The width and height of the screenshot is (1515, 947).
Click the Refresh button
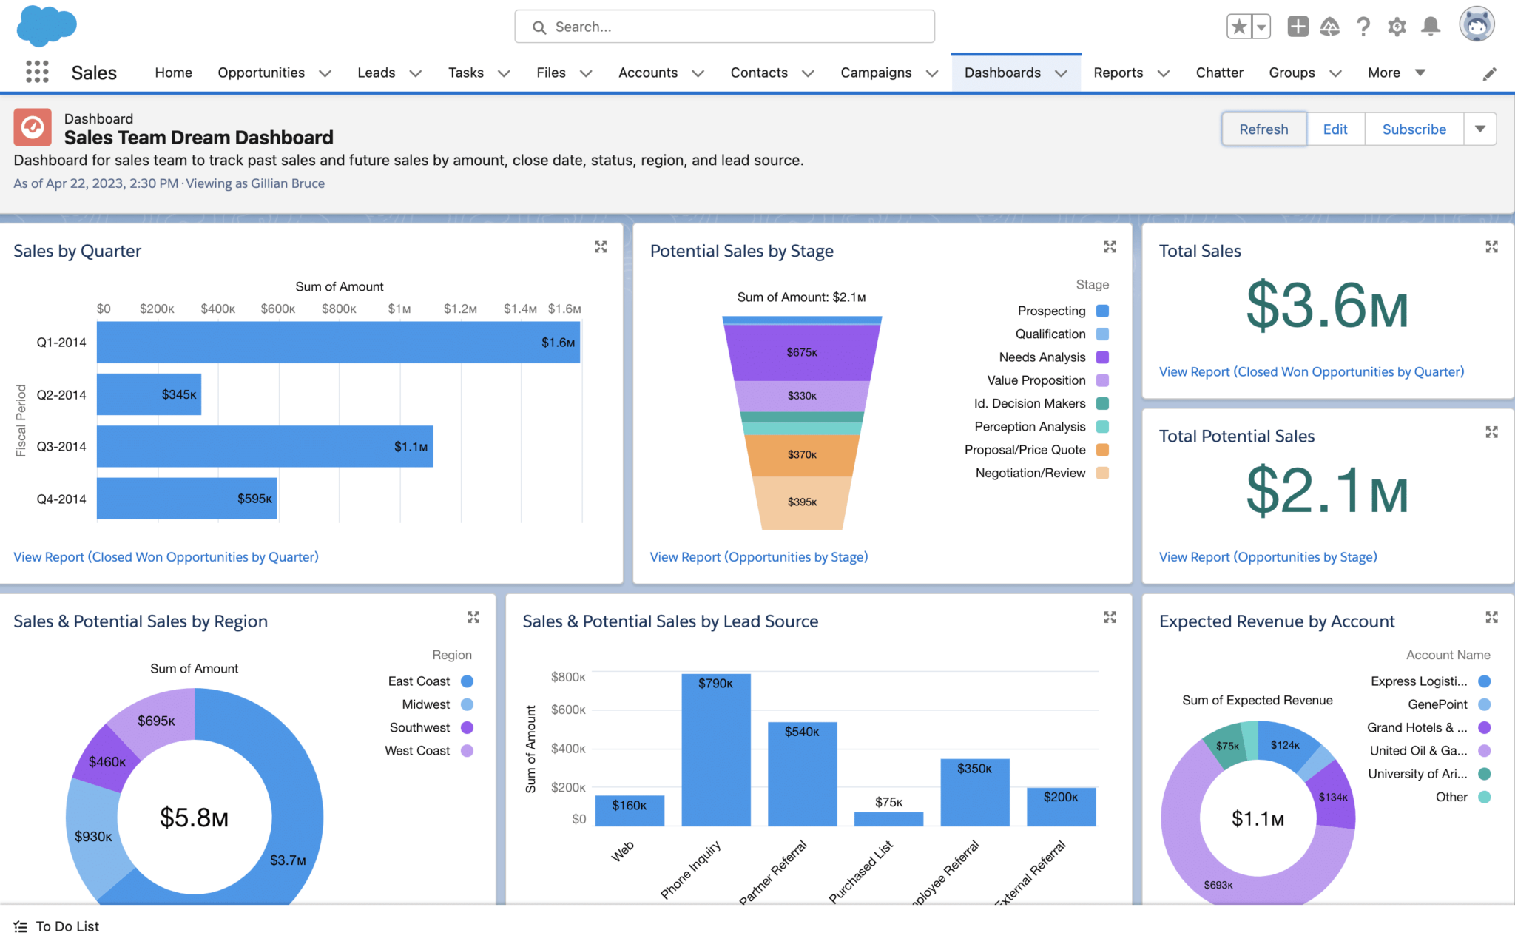(1263, 129)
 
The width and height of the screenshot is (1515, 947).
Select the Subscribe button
(1414, 129)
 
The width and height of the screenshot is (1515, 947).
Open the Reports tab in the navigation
(1118, 73)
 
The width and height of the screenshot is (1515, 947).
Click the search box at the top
(725, 27)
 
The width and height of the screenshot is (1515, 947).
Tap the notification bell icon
(1431, 27)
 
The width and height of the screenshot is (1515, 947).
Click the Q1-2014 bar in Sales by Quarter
(338, 343)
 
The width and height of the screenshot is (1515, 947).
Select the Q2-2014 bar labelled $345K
(149, 394)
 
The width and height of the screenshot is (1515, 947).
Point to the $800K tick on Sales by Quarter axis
(339, 309)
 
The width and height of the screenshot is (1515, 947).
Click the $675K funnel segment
(802, 352)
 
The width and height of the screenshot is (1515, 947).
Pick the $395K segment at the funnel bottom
(802, 502)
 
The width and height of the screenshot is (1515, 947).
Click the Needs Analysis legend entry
(1042, 357)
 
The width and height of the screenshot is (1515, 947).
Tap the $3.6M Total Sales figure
(1327, 306)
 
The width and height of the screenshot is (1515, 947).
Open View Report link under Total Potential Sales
(1267, 557)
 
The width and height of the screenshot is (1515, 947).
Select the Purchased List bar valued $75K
(888, 819)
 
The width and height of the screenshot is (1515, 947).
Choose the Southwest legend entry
(419, 728)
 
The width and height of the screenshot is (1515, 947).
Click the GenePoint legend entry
(1437, 705)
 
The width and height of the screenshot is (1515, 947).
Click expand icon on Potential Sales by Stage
(1110, 247)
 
